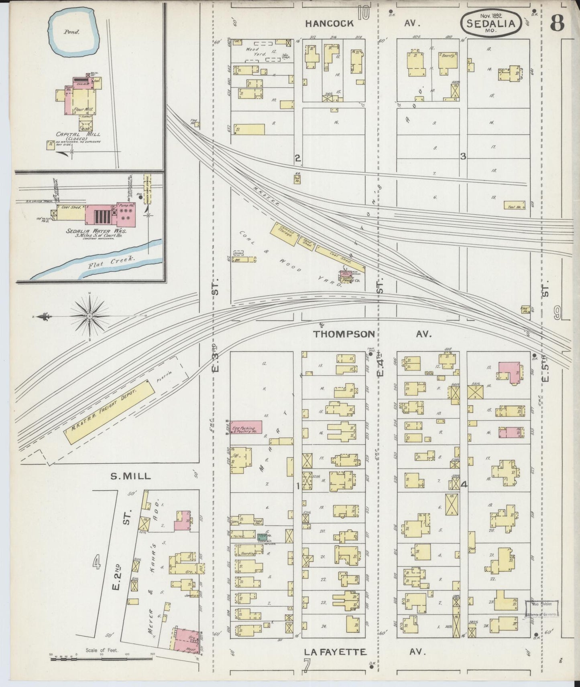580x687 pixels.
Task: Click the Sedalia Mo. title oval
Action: [x=494, y=24]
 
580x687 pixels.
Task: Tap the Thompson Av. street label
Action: [x=344, y=334]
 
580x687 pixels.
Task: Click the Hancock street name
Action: [x=329, y=23]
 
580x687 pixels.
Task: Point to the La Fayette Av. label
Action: [x=336, y=652]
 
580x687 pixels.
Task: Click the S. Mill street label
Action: [x=130, y=476]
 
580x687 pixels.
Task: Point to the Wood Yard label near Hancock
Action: [x=253, y=52]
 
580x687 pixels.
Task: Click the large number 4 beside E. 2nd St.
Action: [x=96, y=563]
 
